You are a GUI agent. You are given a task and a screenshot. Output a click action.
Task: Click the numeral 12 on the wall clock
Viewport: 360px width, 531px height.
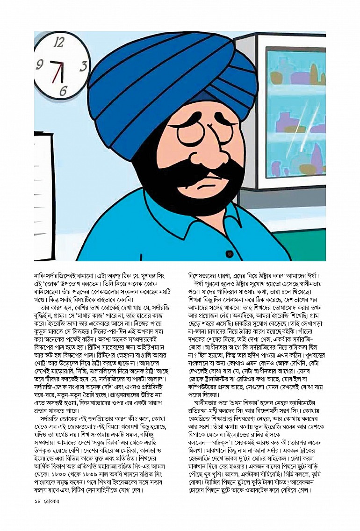(59, 43)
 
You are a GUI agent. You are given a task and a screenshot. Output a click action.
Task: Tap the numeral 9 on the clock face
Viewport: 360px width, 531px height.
(39, 64)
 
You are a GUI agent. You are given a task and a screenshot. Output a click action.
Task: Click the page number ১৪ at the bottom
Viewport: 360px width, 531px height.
(38, 502)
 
